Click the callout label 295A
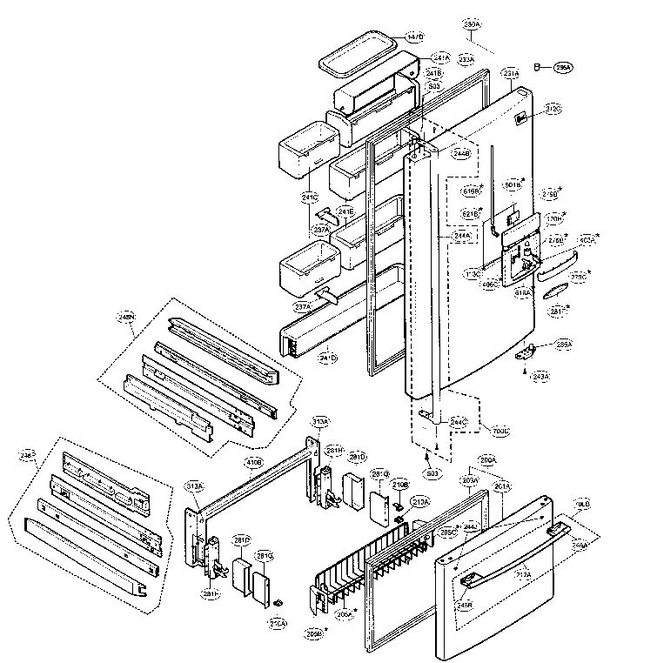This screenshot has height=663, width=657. pos(564,67)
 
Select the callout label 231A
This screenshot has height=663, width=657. pos(511,74)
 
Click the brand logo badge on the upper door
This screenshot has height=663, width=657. pos(520,121)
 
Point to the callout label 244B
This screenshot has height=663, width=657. pos(461,153)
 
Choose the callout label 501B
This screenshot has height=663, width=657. pos(513,184)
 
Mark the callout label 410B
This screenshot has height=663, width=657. pos(254,462)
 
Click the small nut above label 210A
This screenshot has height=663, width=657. pos(278,602)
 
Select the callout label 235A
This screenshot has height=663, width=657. pos(564,345)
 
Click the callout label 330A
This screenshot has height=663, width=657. pos(473,23)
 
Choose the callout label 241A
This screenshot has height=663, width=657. pos(442,57)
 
